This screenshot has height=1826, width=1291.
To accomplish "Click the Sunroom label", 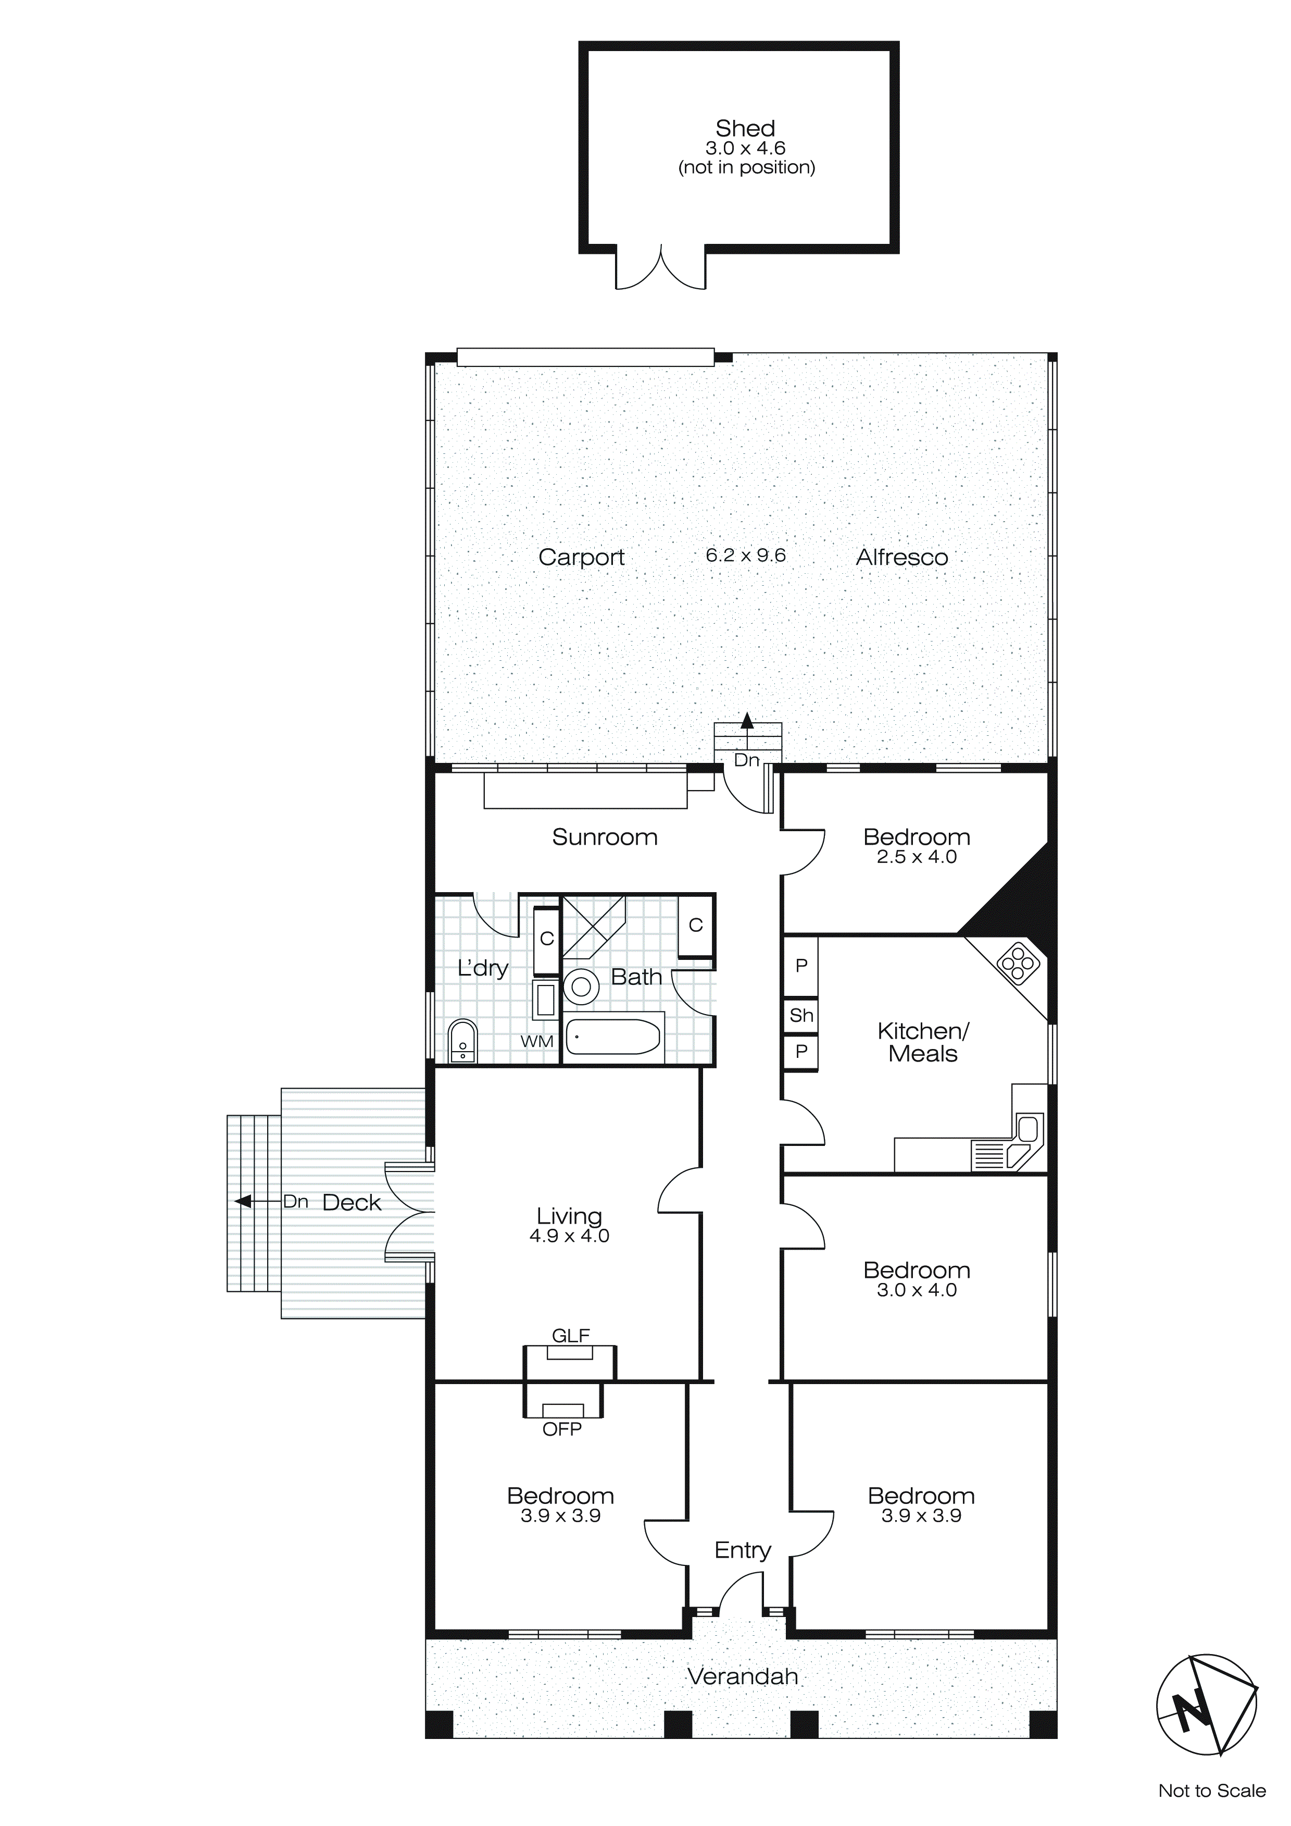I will coord(604,836).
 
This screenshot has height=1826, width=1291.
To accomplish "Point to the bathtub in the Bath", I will coord(613,1037).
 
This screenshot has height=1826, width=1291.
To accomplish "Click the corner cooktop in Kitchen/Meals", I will coord(1018,964).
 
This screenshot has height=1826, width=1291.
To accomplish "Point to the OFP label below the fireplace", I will coord(562,1429).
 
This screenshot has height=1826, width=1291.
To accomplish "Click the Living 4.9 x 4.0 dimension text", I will coord(569,1236).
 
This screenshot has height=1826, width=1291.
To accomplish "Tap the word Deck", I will coord(352,1203).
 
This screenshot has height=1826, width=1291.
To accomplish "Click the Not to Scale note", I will coord(1211,1790).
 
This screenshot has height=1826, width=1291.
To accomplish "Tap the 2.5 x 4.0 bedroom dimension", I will coord(917,857).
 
